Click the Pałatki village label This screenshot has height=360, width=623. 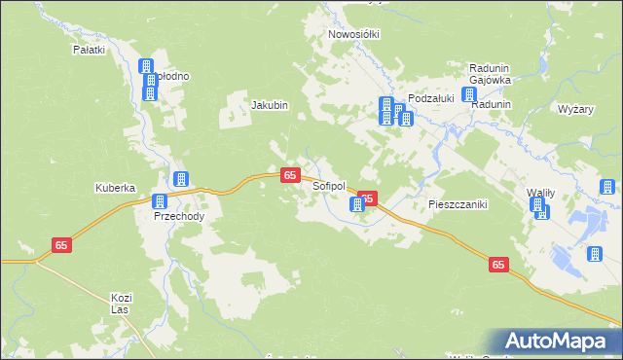(89, 48)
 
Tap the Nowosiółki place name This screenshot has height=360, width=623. (354, 33)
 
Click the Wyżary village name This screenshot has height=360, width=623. (576, 109)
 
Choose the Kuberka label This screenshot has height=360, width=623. (114, 188)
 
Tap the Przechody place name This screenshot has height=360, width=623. (179, 217)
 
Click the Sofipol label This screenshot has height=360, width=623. (329, 185)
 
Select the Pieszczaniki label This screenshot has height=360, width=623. (458, 205)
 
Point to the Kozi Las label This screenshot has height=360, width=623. (122, 303)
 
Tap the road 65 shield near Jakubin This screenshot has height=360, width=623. (290, 175)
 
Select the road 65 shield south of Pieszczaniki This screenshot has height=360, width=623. (498, 265)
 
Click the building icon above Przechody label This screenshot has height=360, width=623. (160, 201)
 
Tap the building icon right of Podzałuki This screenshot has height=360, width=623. (469, 95)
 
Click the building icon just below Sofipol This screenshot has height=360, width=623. (357, 204)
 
